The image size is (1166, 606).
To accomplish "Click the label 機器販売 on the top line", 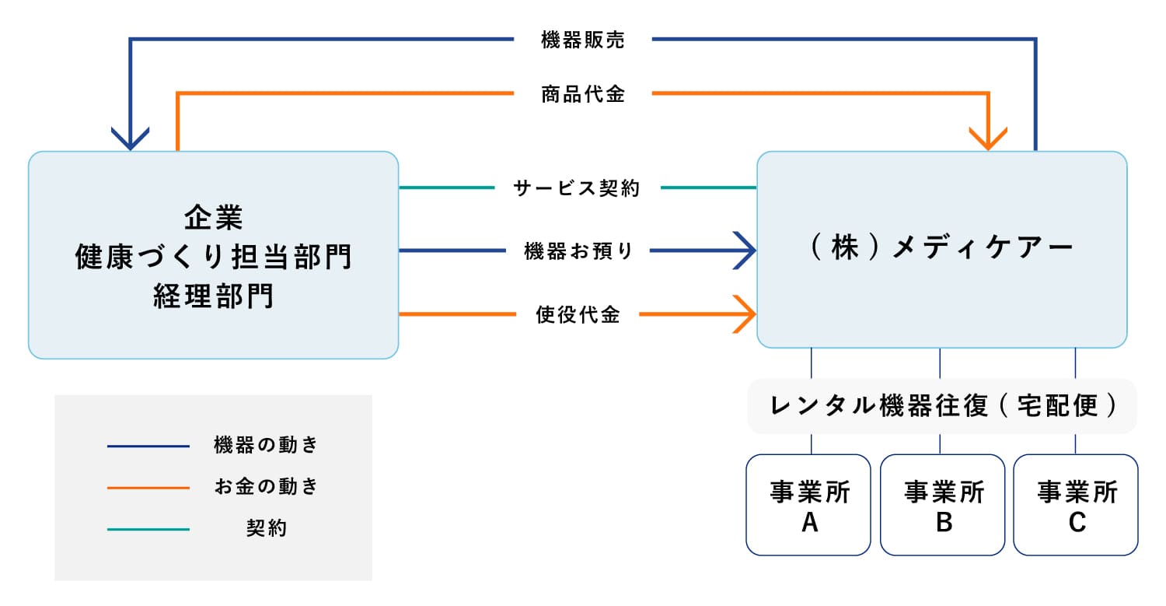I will click(x=582, y=41).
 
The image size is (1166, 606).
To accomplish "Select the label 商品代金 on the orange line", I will click(x=582, y=95).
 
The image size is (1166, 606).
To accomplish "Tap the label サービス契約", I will click(x=577, y=188).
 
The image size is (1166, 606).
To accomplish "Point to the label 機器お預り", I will click(x=578, y=251).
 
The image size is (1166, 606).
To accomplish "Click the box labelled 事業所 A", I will click(x=808, y=506).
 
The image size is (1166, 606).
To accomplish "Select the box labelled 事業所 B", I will click(x=943, y=506).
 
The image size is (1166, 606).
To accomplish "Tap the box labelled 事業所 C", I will click(x=1076, y=506).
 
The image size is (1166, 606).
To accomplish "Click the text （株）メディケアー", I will click(x=941, y=248).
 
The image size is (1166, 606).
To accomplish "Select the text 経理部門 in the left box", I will click(x=214, y=296).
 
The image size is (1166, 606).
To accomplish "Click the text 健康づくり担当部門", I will click(x=214, y=257).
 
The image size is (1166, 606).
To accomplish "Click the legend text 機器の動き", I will click(x=266, y=446).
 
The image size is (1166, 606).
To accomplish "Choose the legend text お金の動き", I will click(x=266, y=487).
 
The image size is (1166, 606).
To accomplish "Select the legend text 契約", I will click(x=266, y=529).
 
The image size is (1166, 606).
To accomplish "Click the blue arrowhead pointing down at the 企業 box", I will click(x=130, y=138).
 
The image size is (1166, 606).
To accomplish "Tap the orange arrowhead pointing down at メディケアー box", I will click(x=989, y=138).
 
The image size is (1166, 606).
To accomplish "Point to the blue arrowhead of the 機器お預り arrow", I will click(x=746, y=251).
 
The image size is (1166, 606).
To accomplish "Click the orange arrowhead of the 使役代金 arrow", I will click(x=746, y=315).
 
